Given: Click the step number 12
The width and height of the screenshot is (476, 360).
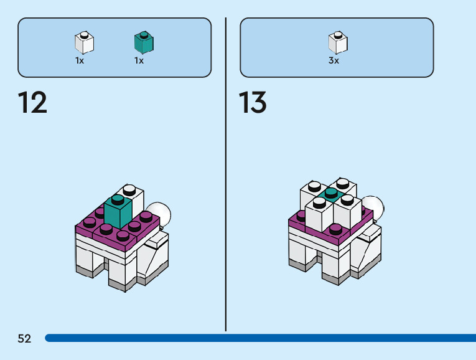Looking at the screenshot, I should pos(32,102).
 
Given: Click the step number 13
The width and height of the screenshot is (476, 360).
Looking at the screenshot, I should pos(253,102).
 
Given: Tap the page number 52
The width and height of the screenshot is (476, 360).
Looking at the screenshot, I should pos(24,339).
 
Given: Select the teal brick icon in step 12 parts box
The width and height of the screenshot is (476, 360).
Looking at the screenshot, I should pos(144,42).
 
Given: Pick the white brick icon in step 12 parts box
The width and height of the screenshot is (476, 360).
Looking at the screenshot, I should pos(84,42).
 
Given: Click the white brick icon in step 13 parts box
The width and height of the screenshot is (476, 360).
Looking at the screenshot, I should pos(337,42).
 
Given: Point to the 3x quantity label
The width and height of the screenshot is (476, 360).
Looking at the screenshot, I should pos(334,61).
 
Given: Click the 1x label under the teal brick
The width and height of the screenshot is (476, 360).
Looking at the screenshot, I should pos(139,61).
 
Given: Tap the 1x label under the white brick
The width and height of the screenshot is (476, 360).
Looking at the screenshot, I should pos(80,61).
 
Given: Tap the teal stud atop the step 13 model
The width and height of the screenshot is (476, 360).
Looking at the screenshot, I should pos(330,194).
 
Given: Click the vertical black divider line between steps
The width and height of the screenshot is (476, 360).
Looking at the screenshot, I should pos(226,174).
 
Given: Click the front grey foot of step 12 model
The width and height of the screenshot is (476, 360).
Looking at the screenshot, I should pos(121,284).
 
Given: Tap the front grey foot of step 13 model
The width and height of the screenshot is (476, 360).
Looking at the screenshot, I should pos(334,278).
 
